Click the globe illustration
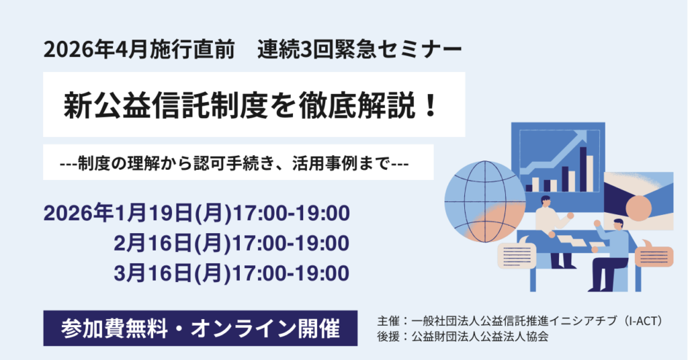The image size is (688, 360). [x=485, y=201]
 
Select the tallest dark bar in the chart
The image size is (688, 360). [x=583, y=169]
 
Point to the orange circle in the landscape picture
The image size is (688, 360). [x=638, y=208]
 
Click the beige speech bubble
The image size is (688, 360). [x=517, y=255]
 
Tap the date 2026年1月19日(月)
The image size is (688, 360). [x=137, y=214]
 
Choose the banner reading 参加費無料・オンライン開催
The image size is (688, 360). [x=200, y=328]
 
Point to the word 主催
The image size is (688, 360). [x=388, y=322]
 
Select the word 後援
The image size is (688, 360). [x=388, y=336]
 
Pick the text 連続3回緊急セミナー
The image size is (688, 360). [x=359, y=50]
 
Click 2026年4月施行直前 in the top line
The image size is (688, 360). [x=140, y=50]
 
